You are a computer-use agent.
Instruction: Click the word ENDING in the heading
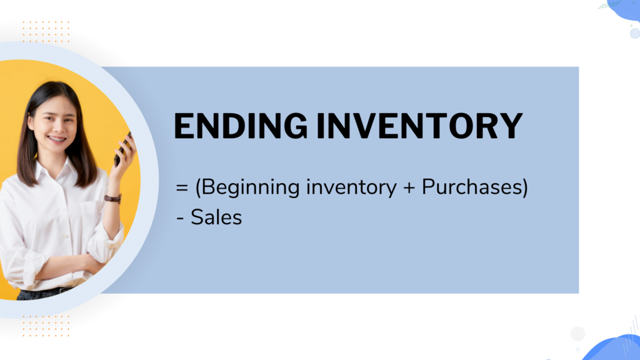click(x=241, y=126)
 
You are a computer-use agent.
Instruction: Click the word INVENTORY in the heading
click(x=419, y=126)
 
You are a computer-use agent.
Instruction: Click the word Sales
click(x=216, y=217)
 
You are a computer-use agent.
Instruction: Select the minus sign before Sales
click(x=180, y=218)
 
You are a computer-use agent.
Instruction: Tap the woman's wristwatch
click(x=112, y=199)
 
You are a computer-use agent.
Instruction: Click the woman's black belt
click(x=44, y=292)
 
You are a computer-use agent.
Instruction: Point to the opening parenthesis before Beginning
click(x=198, y=188)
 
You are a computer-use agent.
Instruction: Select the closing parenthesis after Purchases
click(x=524, y=188)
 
